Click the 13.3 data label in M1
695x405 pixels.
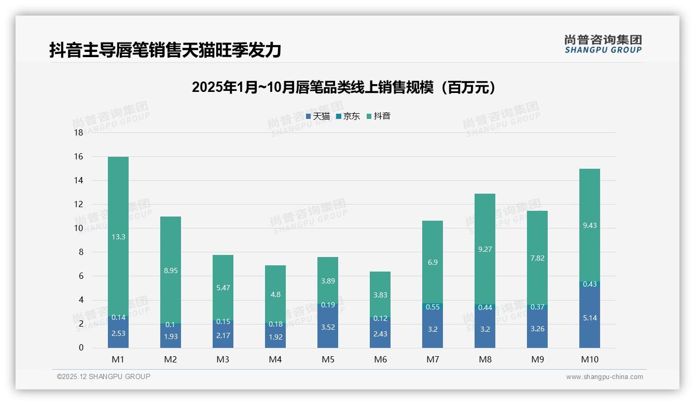coord(118,237)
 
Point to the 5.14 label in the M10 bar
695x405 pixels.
coord(590,318)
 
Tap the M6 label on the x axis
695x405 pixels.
coord(380,359)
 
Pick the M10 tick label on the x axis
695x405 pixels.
coord(590,359)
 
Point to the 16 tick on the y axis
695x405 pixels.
coord(78,157)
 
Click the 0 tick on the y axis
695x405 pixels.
coord(81,348)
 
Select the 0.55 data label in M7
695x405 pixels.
coord(433,307)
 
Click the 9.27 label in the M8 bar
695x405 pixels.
coord(485,249)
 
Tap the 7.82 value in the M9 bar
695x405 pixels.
coord(537,258)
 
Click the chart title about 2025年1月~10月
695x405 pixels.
coord(343,87)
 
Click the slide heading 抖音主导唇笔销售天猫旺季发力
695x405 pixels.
coord(165,50)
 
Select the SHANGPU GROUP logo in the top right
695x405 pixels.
coord(603,44)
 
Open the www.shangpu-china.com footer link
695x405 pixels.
coord(604,377)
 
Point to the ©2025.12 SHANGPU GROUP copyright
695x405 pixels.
coord(104,377)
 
